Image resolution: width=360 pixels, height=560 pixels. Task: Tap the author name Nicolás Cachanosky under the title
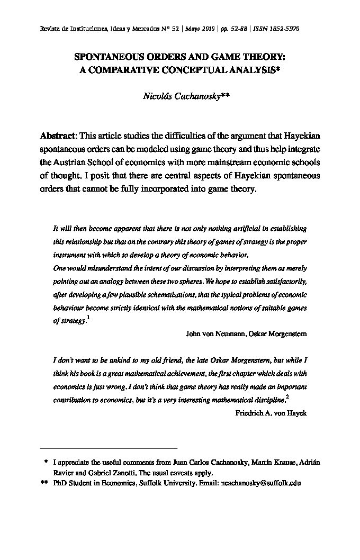click(x=173, y=96)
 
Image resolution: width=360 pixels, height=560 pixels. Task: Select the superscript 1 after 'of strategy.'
click(x=88, y=318)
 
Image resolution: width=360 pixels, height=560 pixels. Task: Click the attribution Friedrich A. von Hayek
click(x=271, y=413)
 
